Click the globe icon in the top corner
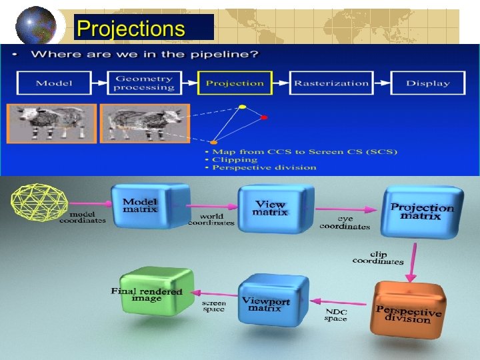point(37,25)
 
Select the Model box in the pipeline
point(55,83)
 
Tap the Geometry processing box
point(144,83)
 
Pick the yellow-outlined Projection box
point(235,83)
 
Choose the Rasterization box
point(331,83)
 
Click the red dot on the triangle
point(264,118)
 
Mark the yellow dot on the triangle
point(243,107)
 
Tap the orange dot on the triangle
point(213,142)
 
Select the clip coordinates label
point(378,257)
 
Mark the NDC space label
point(336,315)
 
